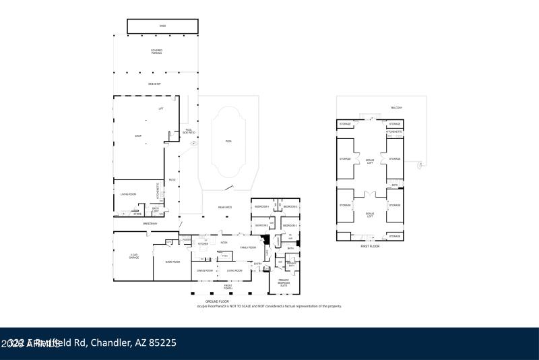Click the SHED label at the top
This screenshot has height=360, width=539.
coord(162,26)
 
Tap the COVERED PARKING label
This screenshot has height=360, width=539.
coord(156,51)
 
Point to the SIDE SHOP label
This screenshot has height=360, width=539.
coord(154,84)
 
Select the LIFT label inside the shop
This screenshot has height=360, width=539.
coord(161,109)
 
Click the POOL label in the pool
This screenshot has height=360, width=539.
coord(228,142)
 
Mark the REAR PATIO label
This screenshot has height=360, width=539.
coord(225,208)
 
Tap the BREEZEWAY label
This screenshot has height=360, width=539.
coord(150,224)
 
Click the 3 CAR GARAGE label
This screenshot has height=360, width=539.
coord(134,256)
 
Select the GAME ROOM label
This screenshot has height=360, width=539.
coord(172,262)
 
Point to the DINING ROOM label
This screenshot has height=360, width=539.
coord(205,270)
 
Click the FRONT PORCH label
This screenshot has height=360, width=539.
coord(228,287)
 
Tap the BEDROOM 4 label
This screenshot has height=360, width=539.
coord(261,206)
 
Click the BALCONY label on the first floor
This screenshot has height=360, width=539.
coord(397,108)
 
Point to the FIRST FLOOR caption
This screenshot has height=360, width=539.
coord(370,246)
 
